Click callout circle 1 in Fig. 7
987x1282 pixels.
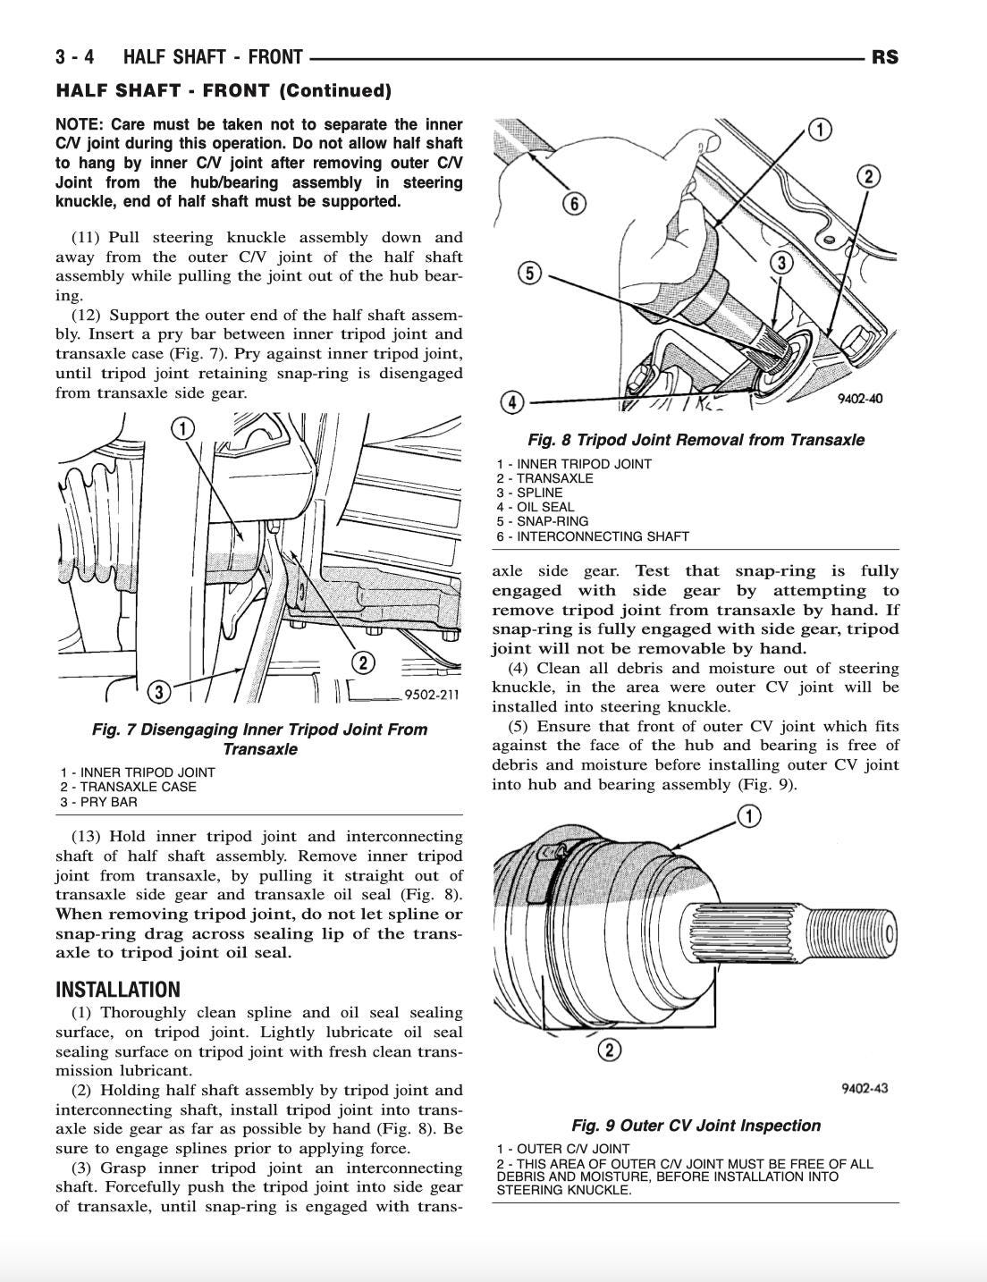pyautogui.click(x=182, y=429)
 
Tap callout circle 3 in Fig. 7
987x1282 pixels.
pyautogui.click(x=158, y=691)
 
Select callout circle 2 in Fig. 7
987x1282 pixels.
pyautogui.click(x=363, y=662)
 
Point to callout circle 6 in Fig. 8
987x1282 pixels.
pyautogui.click(x=574, y=204)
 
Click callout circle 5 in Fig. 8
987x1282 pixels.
pyautogui.click(x=530, y=272)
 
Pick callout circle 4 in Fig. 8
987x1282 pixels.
pyautogui.click(x=511, y=402)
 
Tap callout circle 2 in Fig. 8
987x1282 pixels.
pyautogui.click(x=867, y=176)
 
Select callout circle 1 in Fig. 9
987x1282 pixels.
pyautogui.click(x=748, y=815)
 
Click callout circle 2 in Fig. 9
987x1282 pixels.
pyautogui.click(x=609, y=1049)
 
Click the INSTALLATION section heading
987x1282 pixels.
pyautogui.click(x=118, y=990)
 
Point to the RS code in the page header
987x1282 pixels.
pyautogui.click(x=884, y=58)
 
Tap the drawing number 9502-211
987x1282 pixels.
pyautogui.click(x=431, y=695)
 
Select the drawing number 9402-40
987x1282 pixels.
pyautogui.click(x=859, y=400)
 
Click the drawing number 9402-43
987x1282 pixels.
pyautogui.click(x=865, y=1088)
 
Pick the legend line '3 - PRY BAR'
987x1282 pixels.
pyautogui.click(x=99, y=802)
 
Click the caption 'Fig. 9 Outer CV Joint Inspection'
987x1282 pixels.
pyautogui.click(x=696, y=1126)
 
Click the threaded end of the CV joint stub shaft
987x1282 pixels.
pyautogui.click(x=850, y=934)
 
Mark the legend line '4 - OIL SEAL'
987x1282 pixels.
pyautogui.click(x=536, y=507)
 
